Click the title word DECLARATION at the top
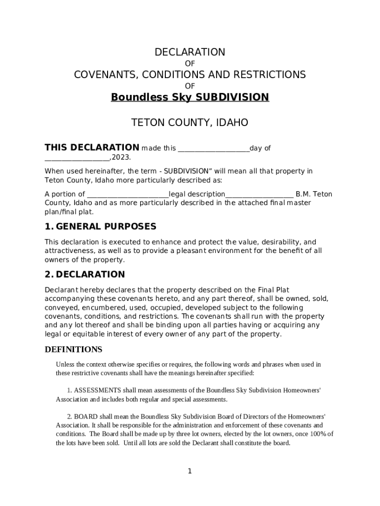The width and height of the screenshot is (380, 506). (190, 52)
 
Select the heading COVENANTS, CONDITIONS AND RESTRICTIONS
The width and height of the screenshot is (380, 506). (190, 75)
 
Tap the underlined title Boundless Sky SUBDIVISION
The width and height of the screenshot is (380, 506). (190, 97)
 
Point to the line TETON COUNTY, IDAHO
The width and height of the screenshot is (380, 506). (190, 123)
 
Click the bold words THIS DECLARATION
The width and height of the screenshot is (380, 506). (92, 147)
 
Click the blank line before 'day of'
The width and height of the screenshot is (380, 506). (213, 149)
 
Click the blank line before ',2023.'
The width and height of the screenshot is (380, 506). (77, 159)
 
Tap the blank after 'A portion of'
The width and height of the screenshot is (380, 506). (128, 195)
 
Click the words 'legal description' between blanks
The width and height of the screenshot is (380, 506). (197, 194)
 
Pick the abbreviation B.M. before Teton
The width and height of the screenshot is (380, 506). (303, 194)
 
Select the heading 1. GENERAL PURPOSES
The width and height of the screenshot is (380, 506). (100, 226)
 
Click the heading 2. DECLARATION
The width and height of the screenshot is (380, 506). (84, 274)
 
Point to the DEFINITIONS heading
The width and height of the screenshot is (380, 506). (74, 349)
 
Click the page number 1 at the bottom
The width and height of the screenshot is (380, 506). (190, 471)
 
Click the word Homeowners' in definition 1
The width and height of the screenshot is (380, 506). (302, 390)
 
